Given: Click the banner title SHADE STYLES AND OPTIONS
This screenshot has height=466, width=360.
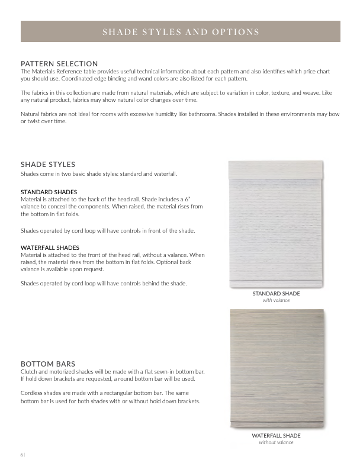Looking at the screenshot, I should pyautogui.click(x=181, y=32).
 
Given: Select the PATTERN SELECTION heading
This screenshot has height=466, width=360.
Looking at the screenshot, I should pyautogui.click(x=59, y=63).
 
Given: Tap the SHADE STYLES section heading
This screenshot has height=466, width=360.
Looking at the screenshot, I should pyautogui.click(x=48, y=164).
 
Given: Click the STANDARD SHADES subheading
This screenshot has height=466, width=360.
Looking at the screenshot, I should pyautogui.click(x=49, y=192).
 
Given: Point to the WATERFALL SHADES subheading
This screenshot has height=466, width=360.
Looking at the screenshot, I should pyautogui.click(x=50, y=247).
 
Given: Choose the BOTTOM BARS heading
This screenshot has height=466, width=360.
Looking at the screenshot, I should pyautogui.click(x=48, y=364).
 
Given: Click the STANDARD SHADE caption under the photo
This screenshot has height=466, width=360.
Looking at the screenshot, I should pyautogui.click(x=276, y=294).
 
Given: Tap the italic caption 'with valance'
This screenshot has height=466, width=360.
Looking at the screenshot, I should pyautogui.click(x=276, y=300).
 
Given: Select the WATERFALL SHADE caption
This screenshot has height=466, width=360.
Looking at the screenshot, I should pyautogui.click(x=276, y=436).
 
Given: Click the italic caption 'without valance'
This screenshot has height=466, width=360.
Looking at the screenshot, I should pyautogui.click(x=276, y=442).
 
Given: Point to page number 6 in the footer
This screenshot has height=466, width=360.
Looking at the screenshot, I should pyautogui.click(x=22, y=455).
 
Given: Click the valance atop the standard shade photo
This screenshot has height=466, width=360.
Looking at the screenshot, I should pyautogui.click(x=276, y=169).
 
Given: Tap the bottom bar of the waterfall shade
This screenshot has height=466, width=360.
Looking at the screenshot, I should pyautogui.click(x=276, y=422).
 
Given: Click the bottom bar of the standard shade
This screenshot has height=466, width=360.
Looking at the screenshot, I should pyautogui.click(x=276, y=281).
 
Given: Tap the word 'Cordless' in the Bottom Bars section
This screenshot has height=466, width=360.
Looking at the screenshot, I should pyautogui.click(x=32, y=393).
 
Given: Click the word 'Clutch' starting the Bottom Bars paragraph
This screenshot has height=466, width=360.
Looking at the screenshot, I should pyautogui.click(x=30, y=371).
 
